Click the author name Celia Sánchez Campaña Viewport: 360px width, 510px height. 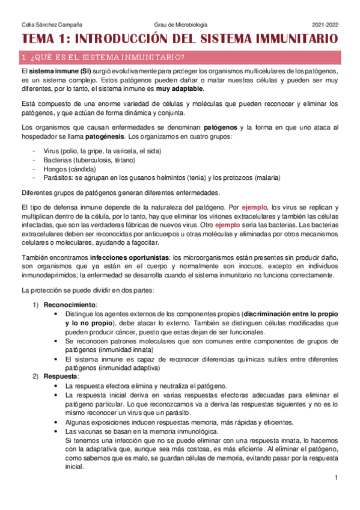tap(52, 25)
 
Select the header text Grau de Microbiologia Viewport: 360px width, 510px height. tap(180, 25)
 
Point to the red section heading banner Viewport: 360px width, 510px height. tap(180, 58)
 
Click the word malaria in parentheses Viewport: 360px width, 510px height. tap(266, 177)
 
